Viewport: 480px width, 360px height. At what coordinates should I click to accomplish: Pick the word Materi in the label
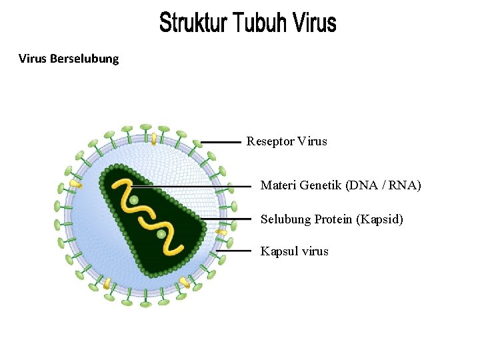click(277, 185)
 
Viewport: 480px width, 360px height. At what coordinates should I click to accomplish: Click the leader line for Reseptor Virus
click(221, 142)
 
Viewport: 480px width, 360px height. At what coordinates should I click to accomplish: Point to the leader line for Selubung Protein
click(227, 219)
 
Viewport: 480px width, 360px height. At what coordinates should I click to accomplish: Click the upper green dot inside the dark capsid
click(134, 200)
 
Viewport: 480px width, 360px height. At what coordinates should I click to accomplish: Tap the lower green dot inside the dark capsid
click(161, 234)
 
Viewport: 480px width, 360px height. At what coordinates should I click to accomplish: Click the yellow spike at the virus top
click(154, 138)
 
